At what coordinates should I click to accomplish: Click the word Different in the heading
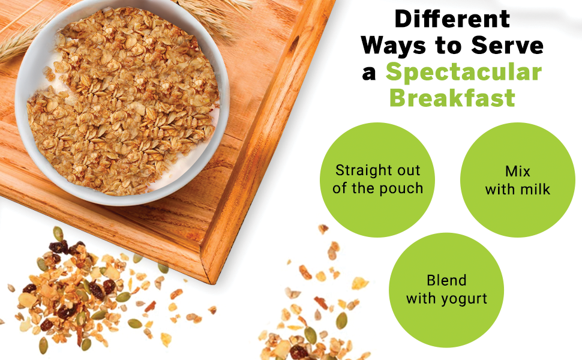[x=452, y=19]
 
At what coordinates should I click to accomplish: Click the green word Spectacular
[x=463, y=72]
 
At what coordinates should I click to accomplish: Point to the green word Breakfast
[x=452, y=97]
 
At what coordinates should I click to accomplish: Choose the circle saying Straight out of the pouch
[x=377, y=179]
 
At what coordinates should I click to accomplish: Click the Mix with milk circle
[x=517, y=179]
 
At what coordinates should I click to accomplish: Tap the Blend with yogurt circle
[x=446, y=289]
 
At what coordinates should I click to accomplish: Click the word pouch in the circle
[x=401, y=188]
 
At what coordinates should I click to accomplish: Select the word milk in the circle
[x=536, y=190]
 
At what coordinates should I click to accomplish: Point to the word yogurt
[x=463, y=298]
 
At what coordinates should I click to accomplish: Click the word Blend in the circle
[x=446, y=280]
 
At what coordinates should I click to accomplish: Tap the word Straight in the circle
[x=361, y=170]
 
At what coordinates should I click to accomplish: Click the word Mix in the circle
[x=518, y=171]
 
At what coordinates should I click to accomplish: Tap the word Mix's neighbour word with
[x=499, y=190]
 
